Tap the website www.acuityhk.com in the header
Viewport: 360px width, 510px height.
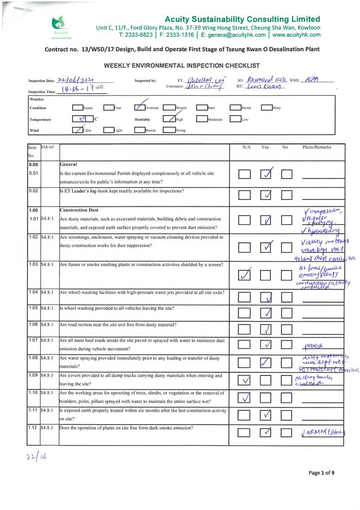pos(297,35)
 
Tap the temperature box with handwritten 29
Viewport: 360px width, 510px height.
pos(83,119)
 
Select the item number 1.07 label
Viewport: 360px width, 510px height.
pos(33,341)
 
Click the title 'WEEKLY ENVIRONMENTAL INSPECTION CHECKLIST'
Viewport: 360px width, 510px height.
pos(182,66)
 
